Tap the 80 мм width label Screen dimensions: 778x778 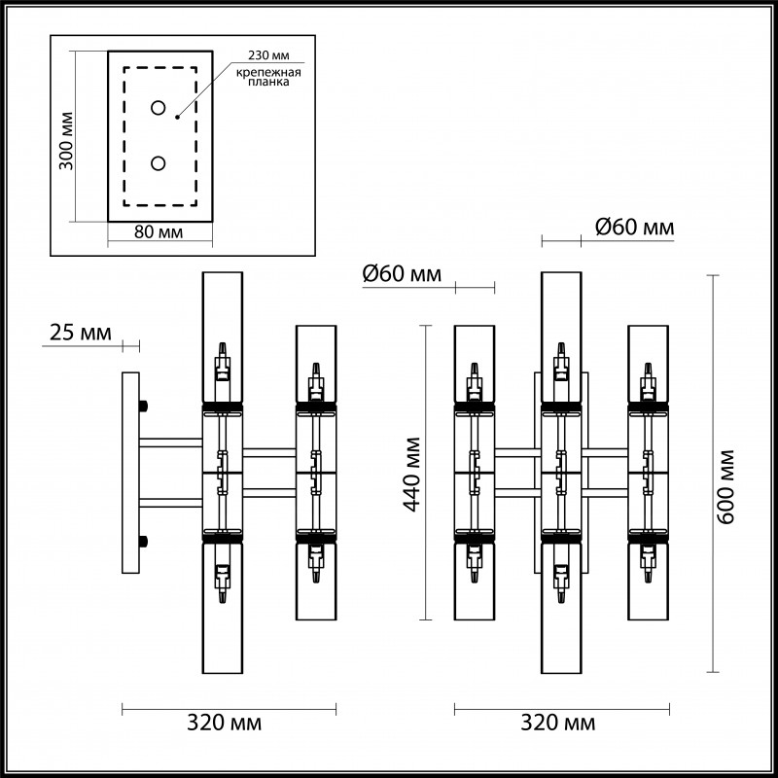coord(158,233)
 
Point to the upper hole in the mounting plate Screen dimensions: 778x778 coord(158,107)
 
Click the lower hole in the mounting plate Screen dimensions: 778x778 coord(158,163)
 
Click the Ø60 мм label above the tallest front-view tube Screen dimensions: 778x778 coord(633,228)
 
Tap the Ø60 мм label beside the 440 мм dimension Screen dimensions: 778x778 coord(402,275)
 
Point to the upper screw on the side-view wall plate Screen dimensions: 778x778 coord(144,406)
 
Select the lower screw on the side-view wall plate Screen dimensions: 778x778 coord(144,542)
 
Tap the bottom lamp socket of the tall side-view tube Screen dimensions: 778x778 coord(223,582)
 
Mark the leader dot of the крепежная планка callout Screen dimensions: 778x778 coord(176,116)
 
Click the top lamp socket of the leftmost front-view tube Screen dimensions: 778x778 coord(475,380)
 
